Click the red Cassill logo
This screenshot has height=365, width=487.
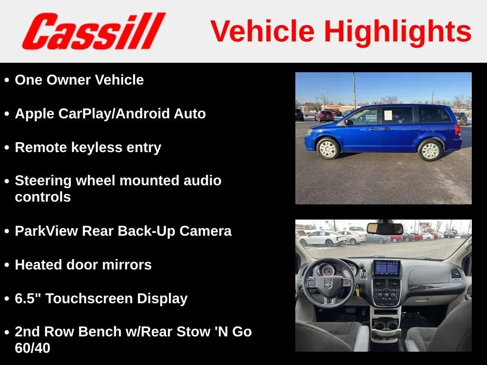(x=94, y=31)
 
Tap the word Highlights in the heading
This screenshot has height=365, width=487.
(x=398, y=32)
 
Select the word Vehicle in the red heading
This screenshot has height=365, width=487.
(x=263, y=31)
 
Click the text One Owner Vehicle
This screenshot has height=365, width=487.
(x=79, y=80)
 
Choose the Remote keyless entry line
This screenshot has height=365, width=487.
(x=88, y=147)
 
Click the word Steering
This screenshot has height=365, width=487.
(x=43, y=181)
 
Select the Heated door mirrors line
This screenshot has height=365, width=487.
(x=83, y=265)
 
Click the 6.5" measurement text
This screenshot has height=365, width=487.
(x=28, y=298)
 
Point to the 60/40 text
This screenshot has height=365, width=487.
(x=32, y=348)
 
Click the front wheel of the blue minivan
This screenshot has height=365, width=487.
(x=328, y=148)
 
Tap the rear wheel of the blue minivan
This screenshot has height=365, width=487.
(x=430, y=150)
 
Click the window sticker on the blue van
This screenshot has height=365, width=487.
(x=388, y=115)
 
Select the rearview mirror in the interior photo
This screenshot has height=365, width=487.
(x=385, y=229)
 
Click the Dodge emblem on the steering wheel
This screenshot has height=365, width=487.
(x=328, y=285)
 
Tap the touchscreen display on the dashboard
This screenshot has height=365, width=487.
(x=387, y=268)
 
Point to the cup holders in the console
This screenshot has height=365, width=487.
(x=386, y=326)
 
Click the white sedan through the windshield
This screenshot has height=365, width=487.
(x=322, y=239)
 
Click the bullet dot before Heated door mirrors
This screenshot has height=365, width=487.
(x=7, y=265)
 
